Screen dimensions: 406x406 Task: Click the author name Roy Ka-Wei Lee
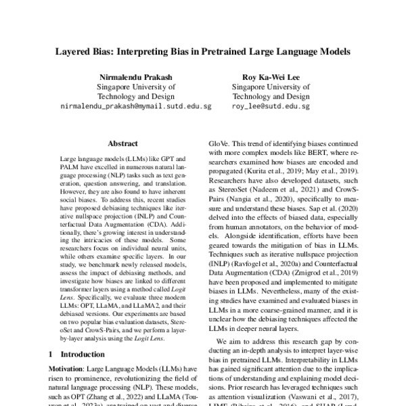(x=270, y=76)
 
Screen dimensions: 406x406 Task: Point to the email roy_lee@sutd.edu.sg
(x=270, y=106)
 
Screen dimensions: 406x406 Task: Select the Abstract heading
(x=122, y=143)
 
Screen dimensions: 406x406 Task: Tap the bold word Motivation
(x=67, y=368)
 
